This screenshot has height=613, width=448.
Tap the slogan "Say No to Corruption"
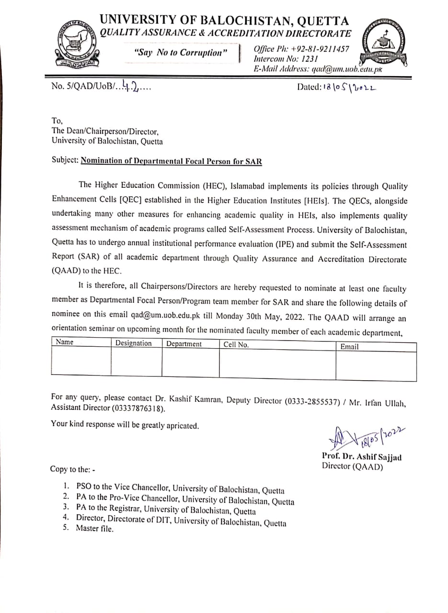tap(180, 53)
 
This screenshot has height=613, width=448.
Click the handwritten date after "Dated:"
tap(350, 87)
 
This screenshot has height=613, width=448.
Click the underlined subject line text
tap(171, 161)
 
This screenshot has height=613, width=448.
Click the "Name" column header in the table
tap(65, 342)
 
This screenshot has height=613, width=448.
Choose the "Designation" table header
tap(133, 343)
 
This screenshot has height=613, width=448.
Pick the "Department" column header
tap(184, 344)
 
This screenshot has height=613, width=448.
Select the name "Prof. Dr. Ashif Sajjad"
tap(362, 457)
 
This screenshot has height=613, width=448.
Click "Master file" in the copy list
tap(94, 529)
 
